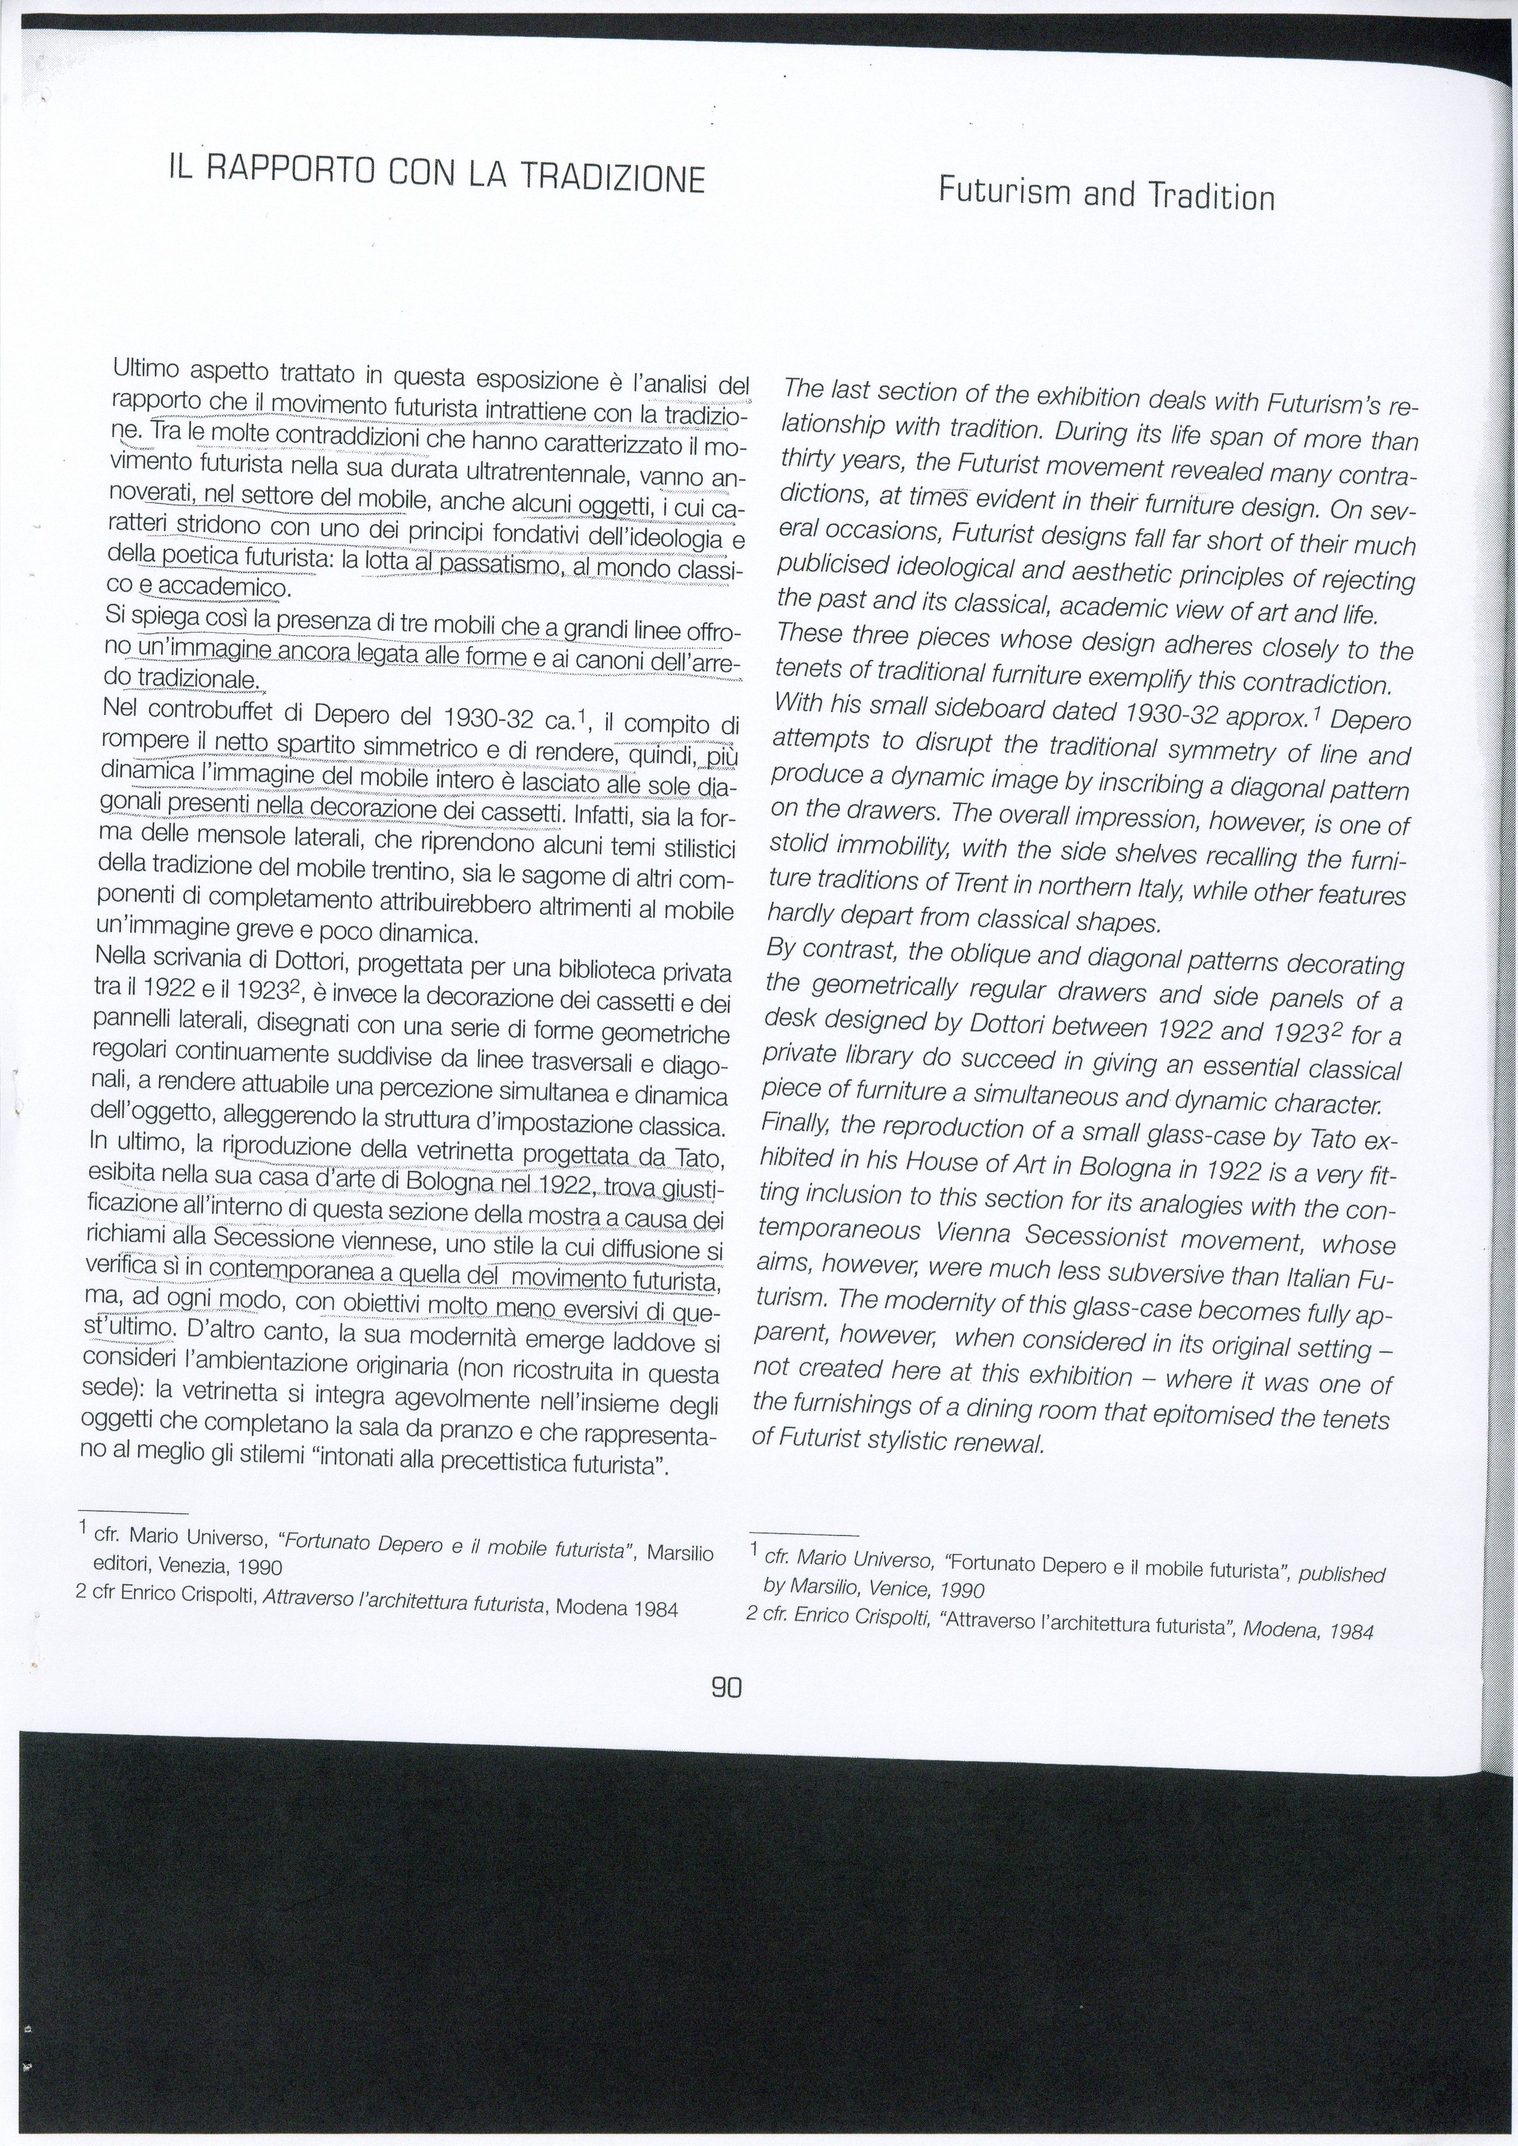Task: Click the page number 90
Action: (x=726, y=1687)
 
